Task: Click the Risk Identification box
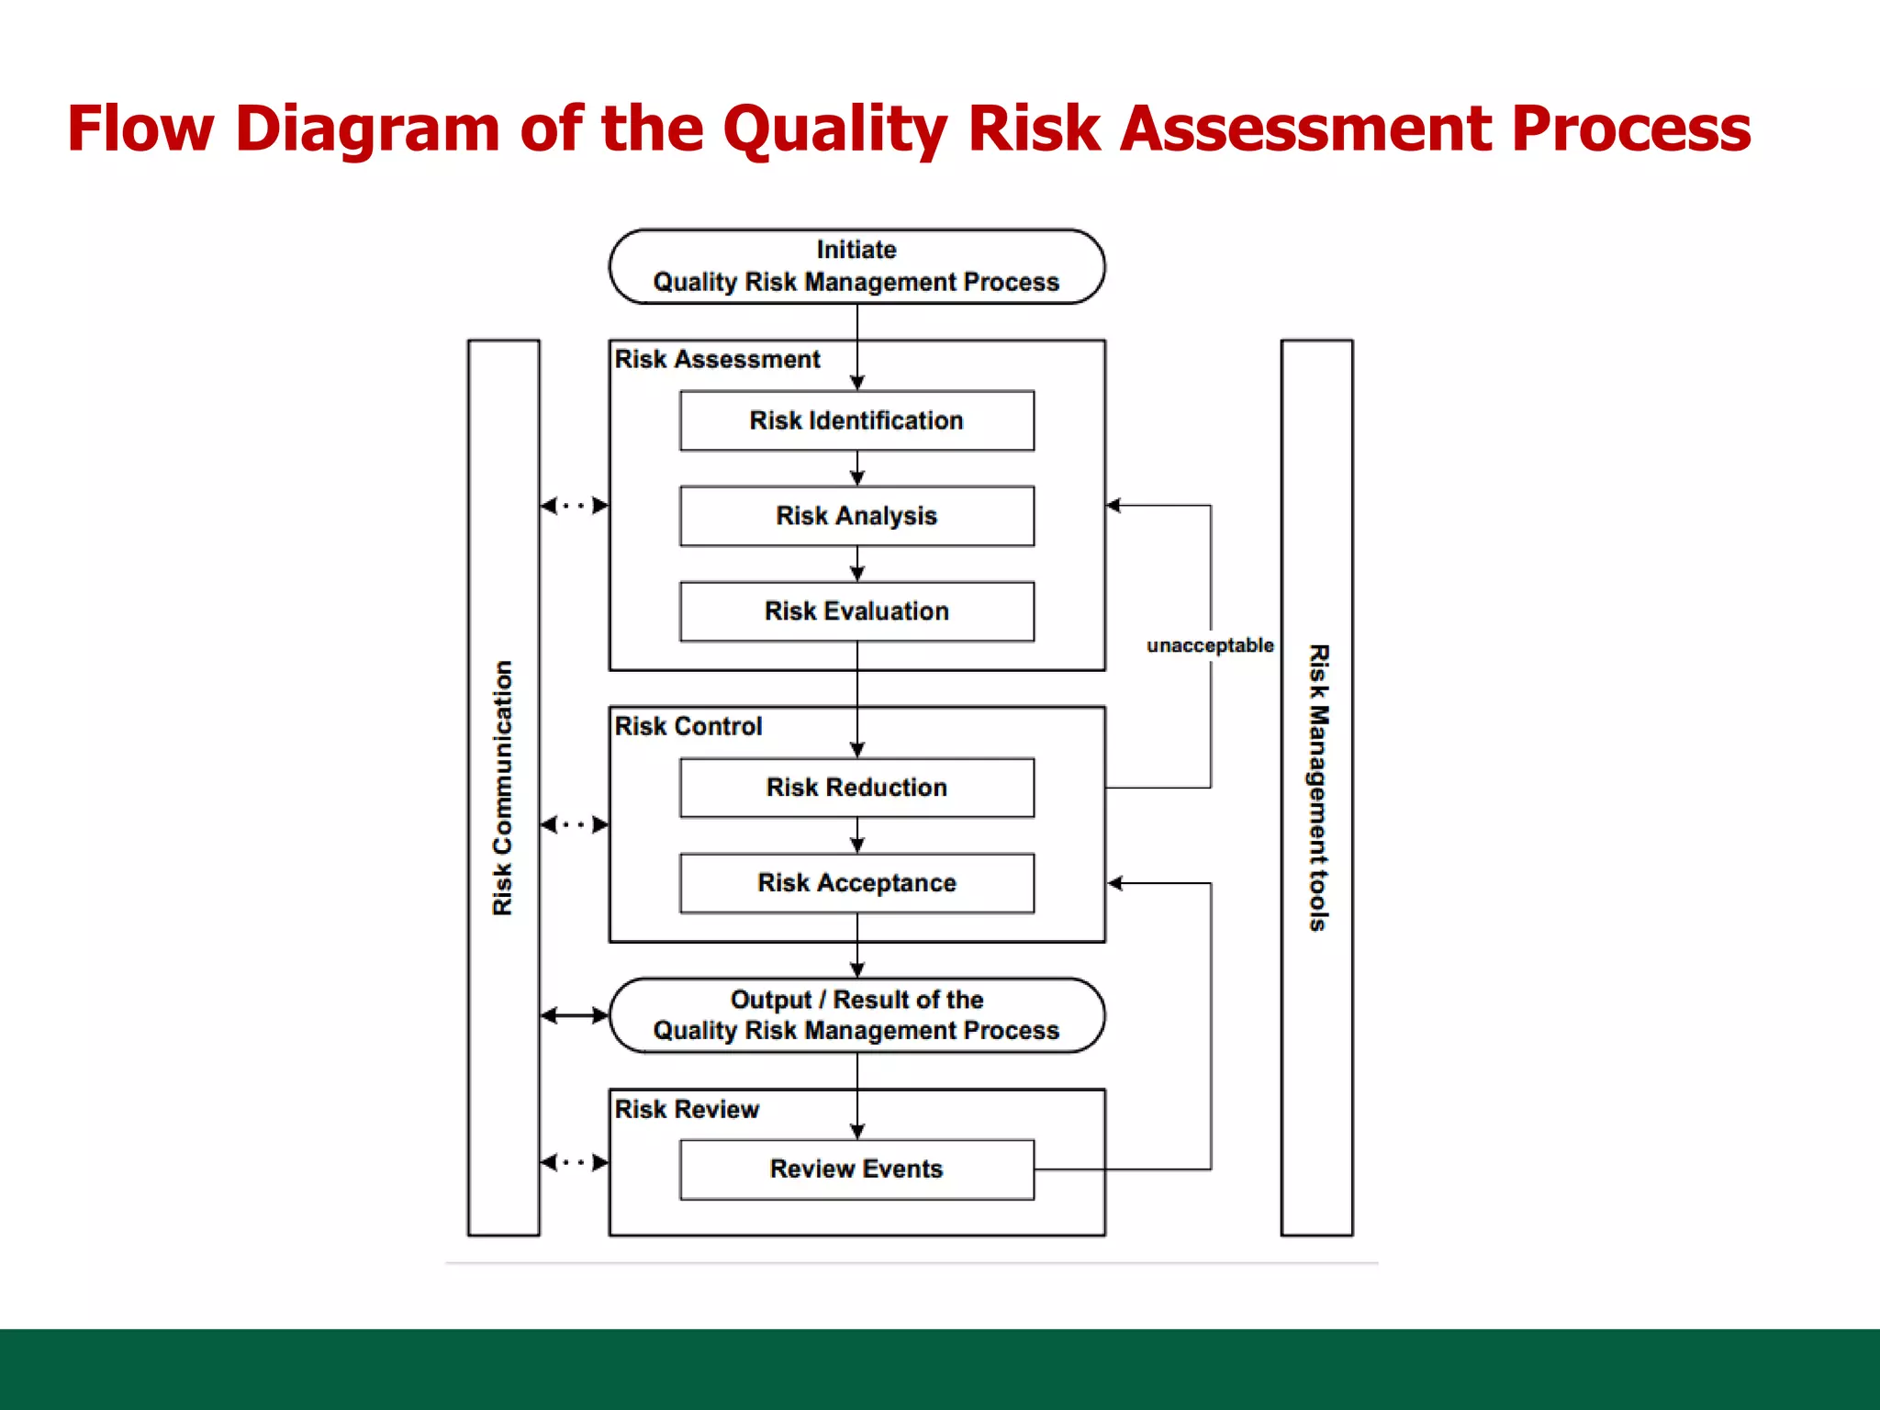pos(856,420)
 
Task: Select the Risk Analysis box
pos(856,516)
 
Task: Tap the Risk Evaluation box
pos(856,611)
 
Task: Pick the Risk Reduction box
pos(856,788)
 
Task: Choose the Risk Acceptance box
pos(856,883)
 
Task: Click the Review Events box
pos(856,1169)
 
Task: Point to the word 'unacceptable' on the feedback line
pos(1210,645)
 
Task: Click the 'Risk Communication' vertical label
pos(502,788)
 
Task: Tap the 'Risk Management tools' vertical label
pos(1318,788)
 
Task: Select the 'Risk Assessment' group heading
pos(717,359)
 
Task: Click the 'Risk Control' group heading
pos(688,726)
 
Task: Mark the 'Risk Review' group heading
pos(687,1109)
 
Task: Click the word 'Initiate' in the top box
pos(856,250)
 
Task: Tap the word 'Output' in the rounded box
pos(771,1000)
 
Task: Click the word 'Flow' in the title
pos(140,129)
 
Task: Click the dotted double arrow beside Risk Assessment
pos(575,506)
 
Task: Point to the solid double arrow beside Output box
pos(575,1015)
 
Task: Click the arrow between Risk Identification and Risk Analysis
pos(857,469)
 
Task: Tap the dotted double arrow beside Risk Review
pos(575,1162)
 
